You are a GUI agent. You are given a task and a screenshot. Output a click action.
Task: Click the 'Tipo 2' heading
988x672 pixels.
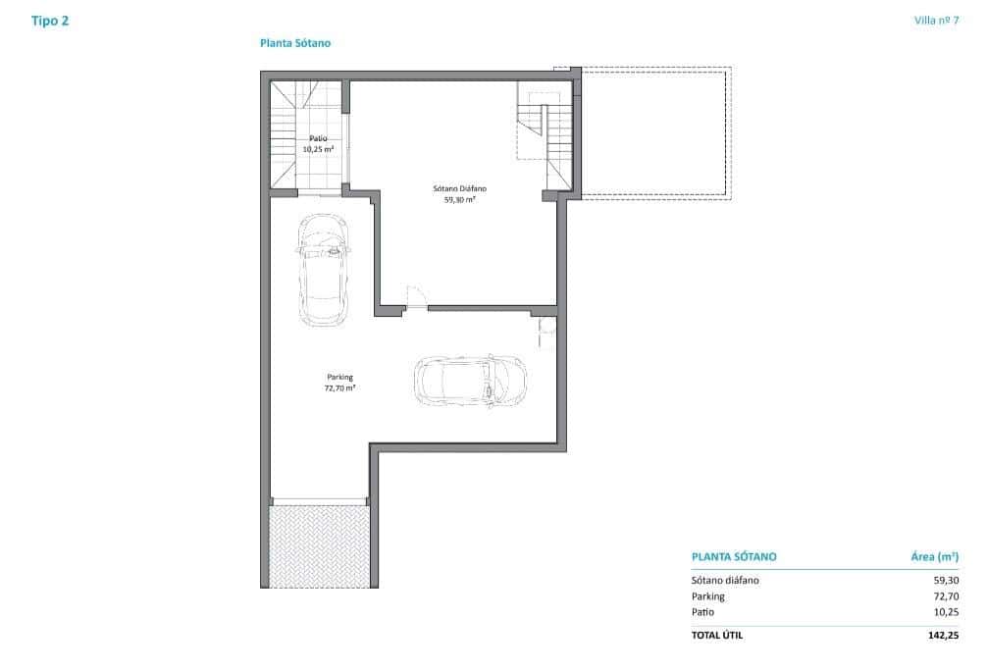[x=50, y=21]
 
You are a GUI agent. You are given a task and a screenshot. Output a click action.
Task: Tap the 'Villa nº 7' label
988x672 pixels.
[x=935, y=21]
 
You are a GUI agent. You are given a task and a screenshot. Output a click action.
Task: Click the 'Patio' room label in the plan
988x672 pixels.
[x=318, y=139]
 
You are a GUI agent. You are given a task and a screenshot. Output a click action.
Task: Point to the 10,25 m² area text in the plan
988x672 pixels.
[x=318, y=150]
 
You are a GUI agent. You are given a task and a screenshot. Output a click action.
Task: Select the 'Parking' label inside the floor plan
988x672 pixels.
[x=339, y=377]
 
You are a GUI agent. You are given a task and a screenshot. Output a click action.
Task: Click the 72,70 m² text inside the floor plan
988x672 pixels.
[x=339, y=388]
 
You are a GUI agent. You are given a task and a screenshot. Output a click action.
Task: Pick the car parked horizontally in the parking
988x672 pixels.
[x=470, y=381]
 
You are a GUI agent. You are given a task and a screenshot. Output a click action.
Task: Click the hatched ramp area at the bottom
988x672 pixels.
[x=318, y=545]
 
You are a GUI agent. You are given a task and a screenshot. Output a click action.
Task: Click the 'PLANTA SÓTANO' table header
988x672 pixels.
[x=734, y=556]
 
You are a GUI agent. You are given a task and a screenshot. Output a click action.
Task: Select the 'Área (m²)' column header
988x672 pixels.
[x=934, y=556]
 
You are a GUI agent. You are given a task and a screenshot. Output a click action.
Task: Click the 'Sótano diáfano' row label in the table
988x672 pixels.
[x=725, y=580]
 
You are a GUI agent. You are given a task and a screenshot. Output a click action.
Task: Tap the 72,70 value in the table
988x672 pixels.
[x=946, y=595]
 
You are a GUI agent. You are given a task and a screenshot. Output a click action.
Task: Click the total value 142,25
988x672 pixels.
[x=943, y=636]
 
